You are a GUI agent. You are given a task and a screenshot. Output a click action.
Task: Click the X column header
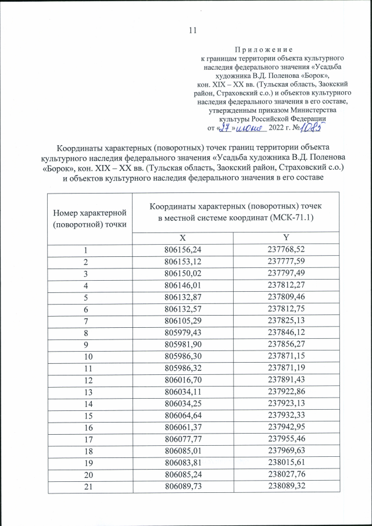tap(183, 238)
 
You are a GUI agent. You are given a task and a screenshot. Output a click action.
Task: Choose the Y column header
tap(285, 238)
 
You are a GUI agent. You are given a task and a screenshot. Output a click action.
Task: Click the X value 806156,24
tap(183, 250)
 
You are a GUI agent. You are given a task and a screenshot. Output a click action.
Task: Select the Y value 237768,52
tap(285, 250)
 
